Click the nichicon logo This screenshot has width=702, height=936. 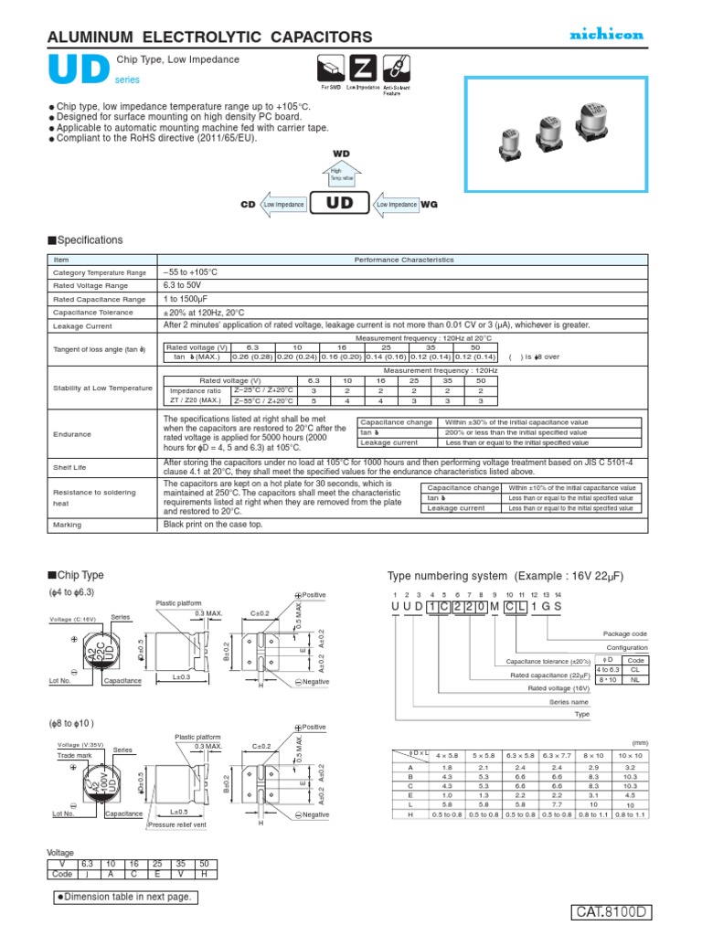(607, 35)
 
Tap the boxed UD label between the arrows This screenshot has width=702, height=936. (340, 205)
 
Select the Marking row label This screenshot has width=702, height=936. (68, 525)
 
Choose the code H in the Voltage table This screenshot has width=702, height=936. (205, 874)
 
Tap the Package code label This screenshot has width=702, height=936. (625, 633)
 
